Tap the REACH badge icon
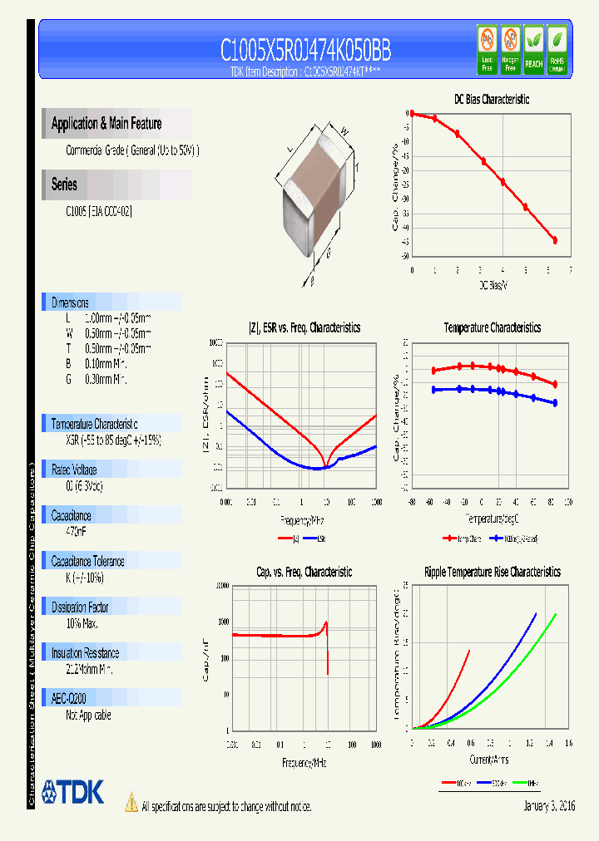pyautogui.click(x=533, y=47)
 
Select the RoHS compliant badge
pyautogui.click(x=557, y=47)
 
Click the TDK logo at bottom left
pyautogui.click(x=73, y=792)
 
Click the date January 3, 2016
pyautogui.click(x=549, y=806)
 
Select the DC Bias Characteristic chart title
pyautogui.click(x=491, y=99)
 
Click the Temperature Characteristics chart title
pyautogui.click(x=492, y=327)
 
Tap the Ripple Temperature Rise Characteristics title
pyautogui.click(x=492, y=572)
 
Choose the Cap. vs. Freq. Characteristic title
pyautogui.click(x=304, y=572)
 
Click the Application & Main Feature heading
pyautogui.click(x=106, y=124)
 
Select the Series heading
pyautogui.click(x=64, y=184)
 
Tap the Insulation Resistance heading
pyautogui.click(x=85, y=653)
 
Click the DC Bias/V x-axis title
pyautogui.click(x=493, y=285)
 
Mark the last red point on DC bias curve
pyautogui.click(x=555, y=240)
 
